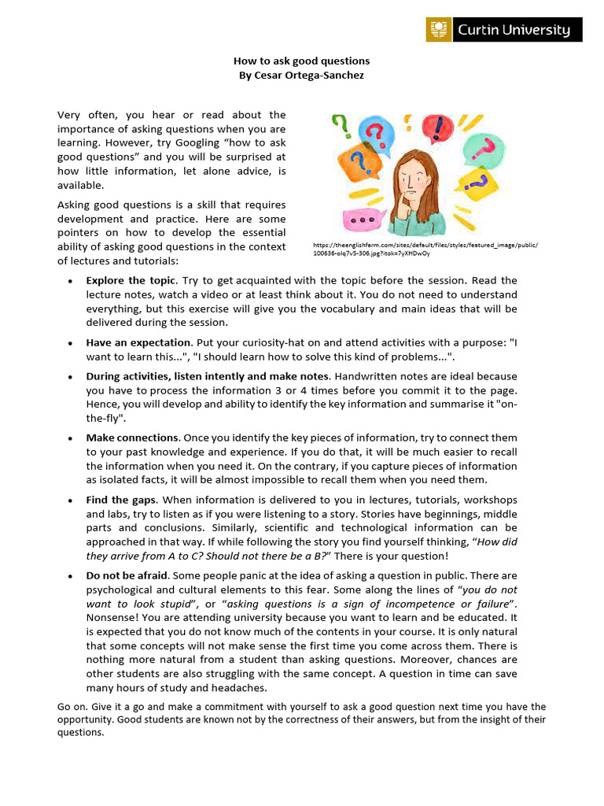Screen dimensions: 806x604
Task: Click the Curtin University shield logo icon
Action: (x=439, y=30)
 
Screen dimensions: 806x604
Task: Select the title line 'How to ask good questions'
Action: (x=301, y=61)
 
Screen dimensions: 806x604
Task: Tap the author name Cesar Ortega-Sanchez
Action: (x=301, y=75)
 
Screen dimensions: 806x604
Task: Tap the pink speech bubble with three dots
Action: (x=361, y=220)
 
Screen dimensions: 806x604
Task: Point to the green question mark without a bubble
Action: (x=340, y=125)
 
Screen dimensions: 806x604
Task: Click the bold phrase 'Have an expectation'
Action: (x=138, y=342)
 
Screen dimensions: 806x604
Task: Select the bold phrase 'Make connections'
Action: (x=132, y=437)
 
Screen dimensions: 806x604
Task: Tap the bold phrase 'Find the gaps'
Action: (x=121, y=500)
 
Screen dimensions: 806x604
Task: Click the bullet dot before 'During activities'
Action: (x=71, y=375)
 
